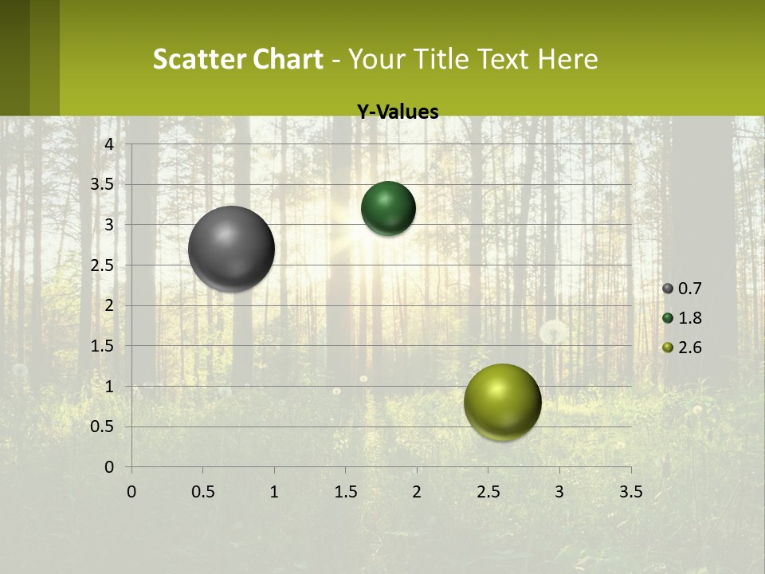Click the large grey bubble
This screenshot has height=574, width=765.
point(232,249)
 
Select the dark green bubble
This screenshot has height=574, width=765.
point(388,208)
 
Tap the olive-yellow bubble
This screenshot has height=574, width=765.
point(502,402)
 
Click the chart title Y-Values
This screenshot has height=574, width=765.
point(397,112)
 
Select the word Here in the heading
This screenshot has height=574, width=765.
point(567,59)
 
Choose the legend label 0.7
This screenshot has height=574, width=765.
point(690,289)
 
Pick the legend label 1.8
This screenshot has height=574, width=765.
point(690,318)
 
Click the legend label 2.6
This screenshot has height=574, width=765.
point(690,347)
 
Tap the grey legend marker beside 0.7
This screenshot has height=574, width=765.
point(668,289)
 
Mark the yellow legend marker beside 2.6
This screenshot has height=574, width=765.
point(668,347)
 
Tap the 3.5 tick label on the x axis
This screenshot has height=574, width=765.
point(630,492)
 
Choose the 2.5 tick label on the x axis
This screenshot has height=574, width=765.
point(488,492)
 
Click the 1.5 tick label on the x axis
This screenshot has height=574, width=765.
point(345,492)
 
